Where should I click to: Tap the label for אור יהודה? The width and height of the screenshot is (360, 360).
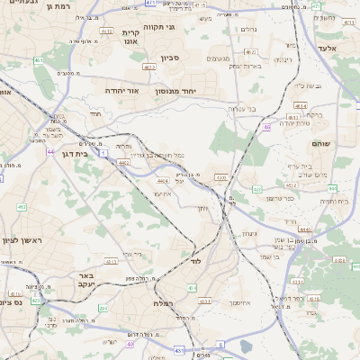(x=123, y=91)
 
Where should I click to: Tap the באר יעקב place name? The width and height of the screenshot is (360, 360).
(x=85, y=281)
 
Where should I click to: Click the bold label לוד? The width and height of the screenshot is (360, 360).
(x=195, y=261)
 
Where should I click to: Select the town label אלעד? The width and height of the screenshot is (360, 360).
(x=327, y=48)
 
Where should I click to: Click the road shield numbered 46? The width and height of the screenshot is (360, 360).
(x=267, y=127)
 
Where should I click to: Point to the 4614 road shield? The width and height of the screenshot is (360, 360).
(x=300, y=105)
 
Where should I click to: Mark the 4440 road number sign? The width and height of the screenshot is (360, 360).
(x=306, y=229)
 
